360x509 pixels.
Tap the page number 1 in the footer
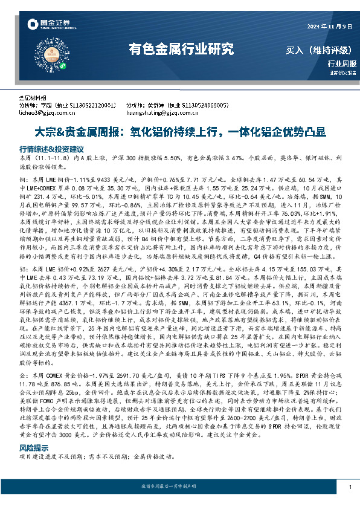coord(350,487)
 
